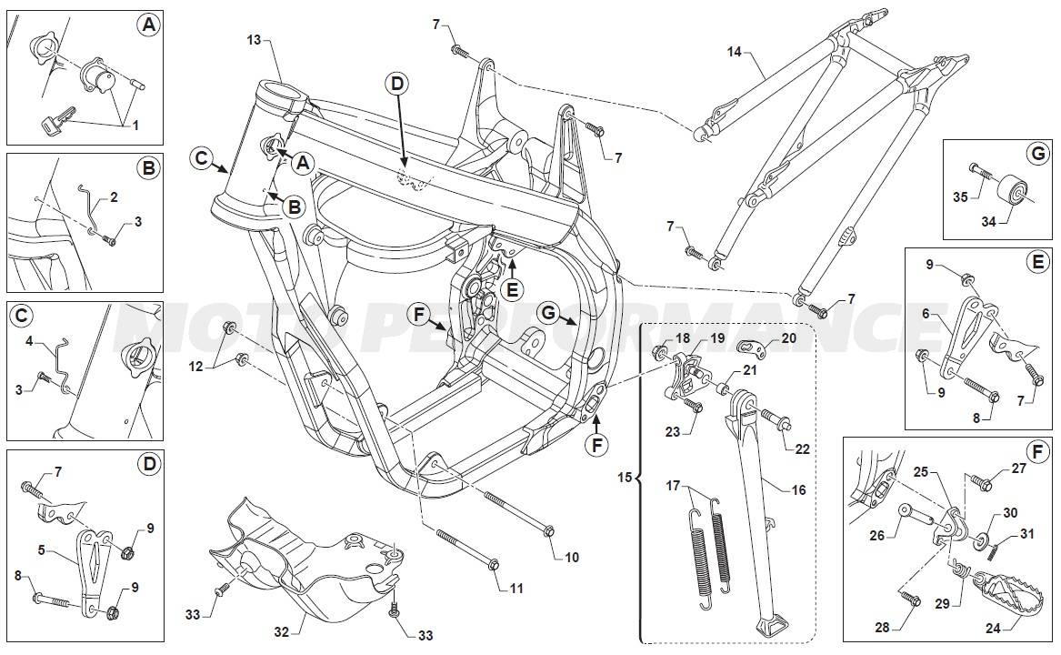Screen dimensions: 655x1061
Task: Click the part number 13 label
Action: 254,40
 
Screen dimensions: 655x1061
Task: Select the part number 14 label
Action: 735,52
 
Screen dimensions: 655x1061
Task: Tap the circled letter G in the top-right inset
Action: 1037,154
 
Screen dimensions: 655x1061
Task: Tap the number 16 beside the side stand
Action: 798,489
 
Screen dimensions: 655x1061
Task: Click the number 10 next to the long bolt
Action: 571,557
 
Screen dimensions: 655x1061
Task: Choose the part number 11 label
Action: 516,589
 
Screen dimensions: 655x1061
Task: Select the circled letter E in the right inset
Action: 1037,261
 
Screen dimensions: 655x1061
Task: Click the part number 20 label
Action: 787,338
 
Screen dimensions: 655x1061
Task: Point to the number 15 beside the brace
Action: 623,477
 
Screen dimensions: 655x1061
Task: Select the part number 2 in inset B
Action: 114,196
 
